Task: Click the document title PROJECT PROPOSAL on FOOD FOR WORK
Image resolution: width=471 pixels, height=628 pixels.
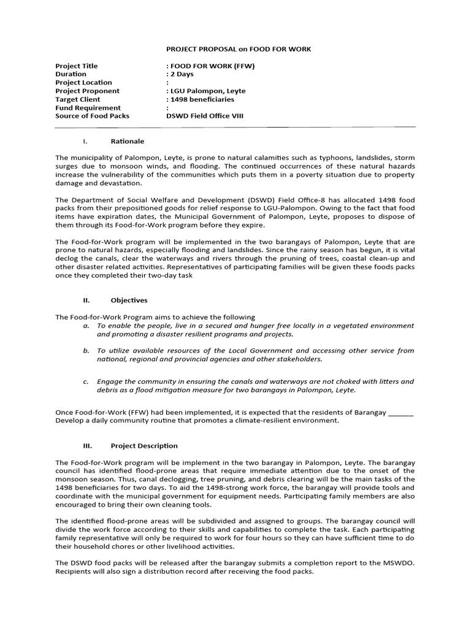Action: pos(239,48)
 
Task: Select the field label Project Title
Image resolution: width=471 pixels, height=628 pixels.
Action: pos(77,66)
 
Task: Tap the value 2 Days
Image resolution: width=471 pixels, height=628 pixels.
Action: pos(180,74)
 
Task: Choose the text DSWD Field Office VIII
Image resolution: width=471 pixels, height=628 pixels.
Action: pos(205,116)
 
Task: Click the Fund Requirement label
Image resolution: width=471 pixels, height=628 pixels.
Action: pos(88,108)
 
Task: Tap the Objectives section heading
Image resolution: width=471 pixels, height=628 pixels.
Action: pos(129,301)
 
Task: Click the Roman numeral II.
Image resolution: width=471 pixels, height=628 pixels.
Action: pos(86,301)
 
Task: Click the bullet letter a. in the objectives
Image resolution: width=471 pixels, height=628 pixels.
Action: pos(86,326)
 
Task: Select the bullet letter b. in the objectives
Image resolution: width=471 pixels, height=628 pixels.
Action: pos(86,351)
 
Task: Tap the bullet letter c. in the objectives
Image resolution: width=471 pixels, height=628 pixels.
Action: pos(86,381)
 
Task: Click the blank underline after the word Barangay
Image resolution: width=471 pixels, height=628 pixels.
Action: pos(401,413)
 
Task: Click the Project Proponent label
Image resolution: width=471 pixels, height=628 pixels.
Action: pos(87,91)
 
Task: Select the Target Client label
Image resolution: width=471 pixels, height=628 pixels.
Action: pos(77,99)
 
